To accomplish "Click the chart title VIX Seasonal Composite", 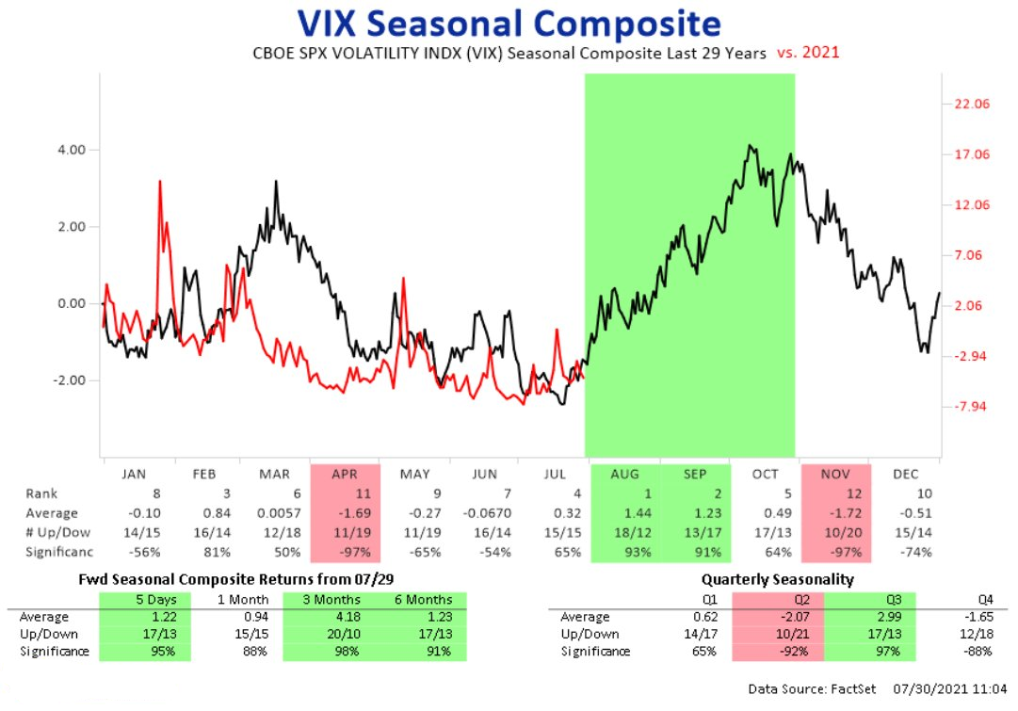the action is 509,24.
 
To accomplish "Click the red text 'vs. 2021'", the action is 808,53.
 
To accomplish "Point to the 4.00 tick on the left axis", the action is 72,150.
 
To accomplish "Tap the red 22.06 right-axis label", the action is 971,104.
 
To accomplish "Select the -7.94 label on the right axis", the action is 969,407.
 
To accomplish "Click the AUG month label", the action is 624,474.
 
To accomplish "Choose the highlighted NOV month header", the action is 835,474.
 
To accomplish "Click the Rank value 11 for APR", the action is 363,493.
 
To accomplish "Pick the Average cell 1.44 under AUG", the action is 638,513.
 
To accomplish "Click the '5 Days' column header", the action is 155,599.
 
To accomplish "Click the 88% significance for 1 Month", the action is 254,651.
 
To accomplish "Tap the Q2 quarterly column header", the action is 801,599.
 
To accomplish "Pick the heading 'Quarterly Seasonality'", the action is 777,579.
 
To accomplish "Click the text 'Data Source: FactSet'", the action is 812,688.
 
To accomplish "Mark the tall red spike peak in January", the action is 160,181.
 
